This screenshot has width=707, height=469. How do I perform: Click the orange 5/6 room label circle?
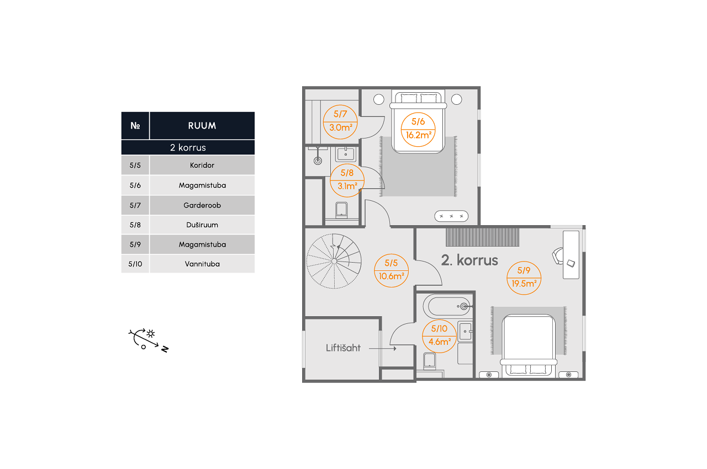[418, 129]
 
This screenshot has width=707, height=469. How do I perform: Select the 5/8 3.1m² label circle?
[347, 179]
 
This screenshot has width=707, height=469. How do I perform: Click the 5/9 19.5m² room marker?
[524, 278]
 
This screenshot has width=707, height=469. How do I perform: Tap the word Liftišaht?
[343, 348]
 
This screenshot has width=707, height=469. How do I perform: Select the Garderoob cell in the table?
[202, 205]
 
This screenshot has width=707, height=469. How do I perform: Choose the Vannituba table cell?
[202, 264]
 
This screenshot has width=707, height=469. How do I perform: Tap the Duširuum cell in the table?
[202, 225]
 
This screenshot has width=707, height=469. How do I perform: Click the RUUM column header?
[202, 125]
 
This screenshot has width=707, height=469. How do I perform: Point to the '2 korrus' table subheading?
[188, 148]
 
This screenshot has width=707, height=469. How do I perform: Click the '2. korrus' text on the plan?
[469, 260]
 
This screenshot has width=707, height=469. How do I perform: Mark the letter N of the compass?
[164, 349]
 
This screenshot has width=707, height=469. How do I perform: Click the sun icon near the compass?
[150, 333]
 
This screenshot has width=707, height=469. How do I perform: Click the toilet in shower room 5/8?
[341, 210]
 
